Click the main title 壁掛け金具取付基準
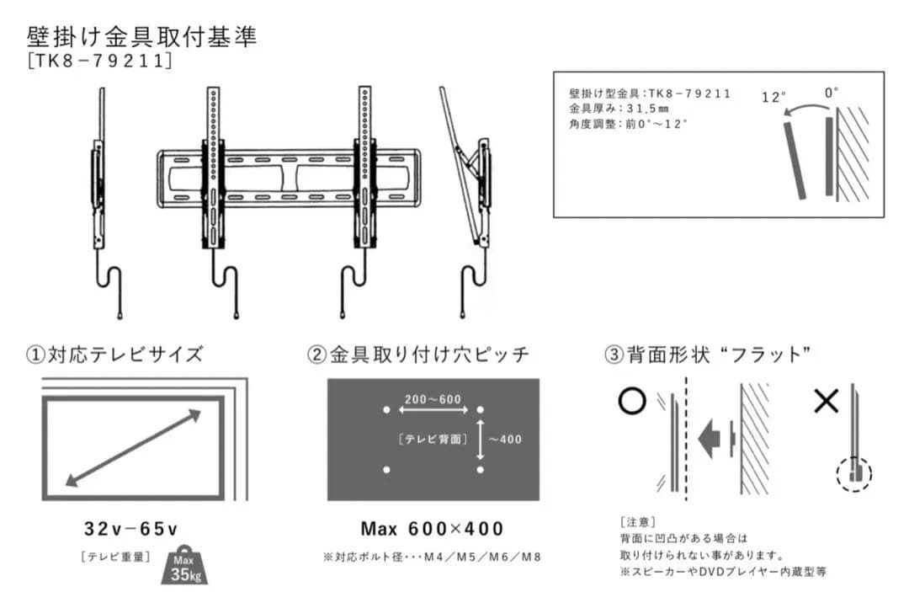point(141,37)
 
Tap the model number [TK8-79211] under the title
point(99,62)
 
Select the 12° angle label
point(773,97)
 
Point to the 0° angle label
point(832,93)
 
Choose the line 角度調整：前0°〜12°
point(629,124)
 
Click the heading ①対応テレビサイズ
point(114,354)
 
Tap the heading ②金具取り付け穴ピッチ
point(418,355)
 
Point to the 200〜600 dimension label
point(433,398)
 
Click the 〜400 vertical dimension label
point(505,438)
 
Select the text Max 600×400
point(433,529)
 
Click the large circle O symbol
point(631,401)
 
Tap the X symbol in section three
point(826,402)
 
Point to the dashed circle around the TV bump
point(854,474)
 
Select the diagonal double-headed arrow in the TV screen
point(133,448)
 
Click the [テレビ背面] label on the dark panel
point(433,439)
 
